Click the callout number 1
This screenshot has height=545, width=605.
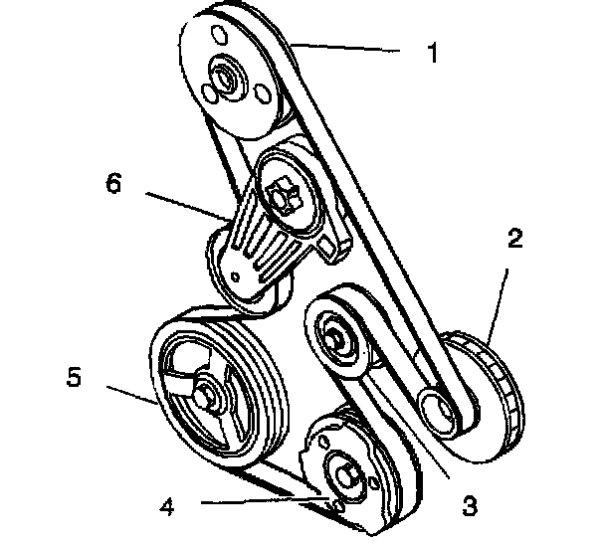432,53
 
